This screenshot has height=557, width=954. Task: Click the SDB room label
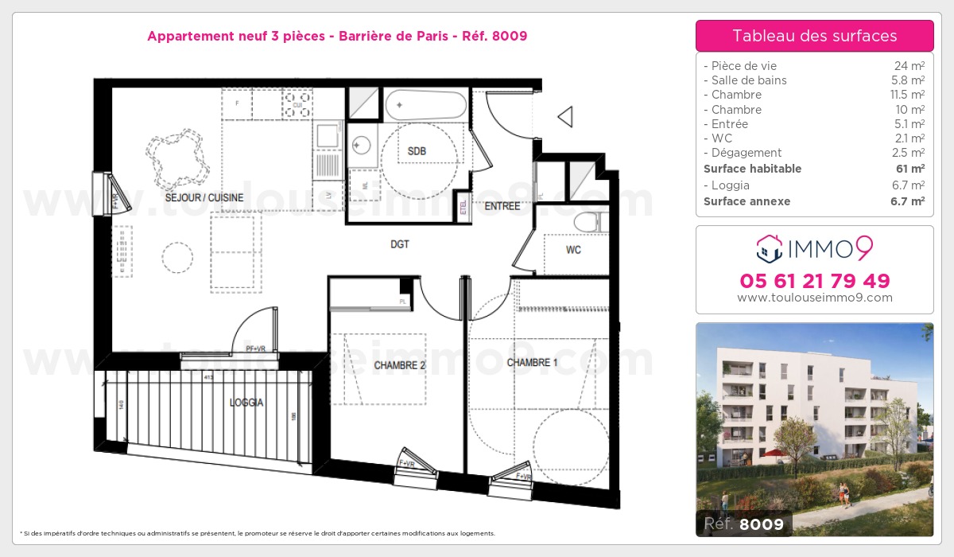(417, 151)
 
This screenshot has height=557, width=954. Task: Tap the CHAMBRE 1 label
(532, 363)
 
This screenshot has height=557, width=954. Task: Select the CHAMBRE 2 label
(399, 365)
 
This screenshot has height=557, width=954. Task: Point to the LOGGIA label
(246, 403)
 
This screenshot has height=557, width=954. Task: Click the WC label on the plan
(573, 250)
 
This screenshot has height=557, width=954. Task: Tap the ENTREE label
(502, 206)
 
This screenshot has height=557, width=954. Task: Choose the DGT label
(399, 244)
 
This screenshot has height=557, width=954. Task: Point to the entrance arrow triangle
(566, 117)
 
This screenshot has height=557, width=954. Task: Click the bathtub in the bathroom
(426, 105)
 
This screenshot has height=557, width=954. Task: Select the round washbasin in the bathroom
(362, 145)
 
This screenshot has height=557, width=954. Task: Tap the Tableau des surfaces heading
(814, 36)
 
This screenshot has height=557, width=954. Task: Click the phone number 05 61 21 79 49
(814, 281)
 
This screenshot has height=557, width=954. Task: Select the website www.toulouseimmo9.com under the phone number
(814, 298)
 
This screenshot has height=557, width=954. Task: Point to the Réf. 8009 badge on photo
(744, 524)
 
